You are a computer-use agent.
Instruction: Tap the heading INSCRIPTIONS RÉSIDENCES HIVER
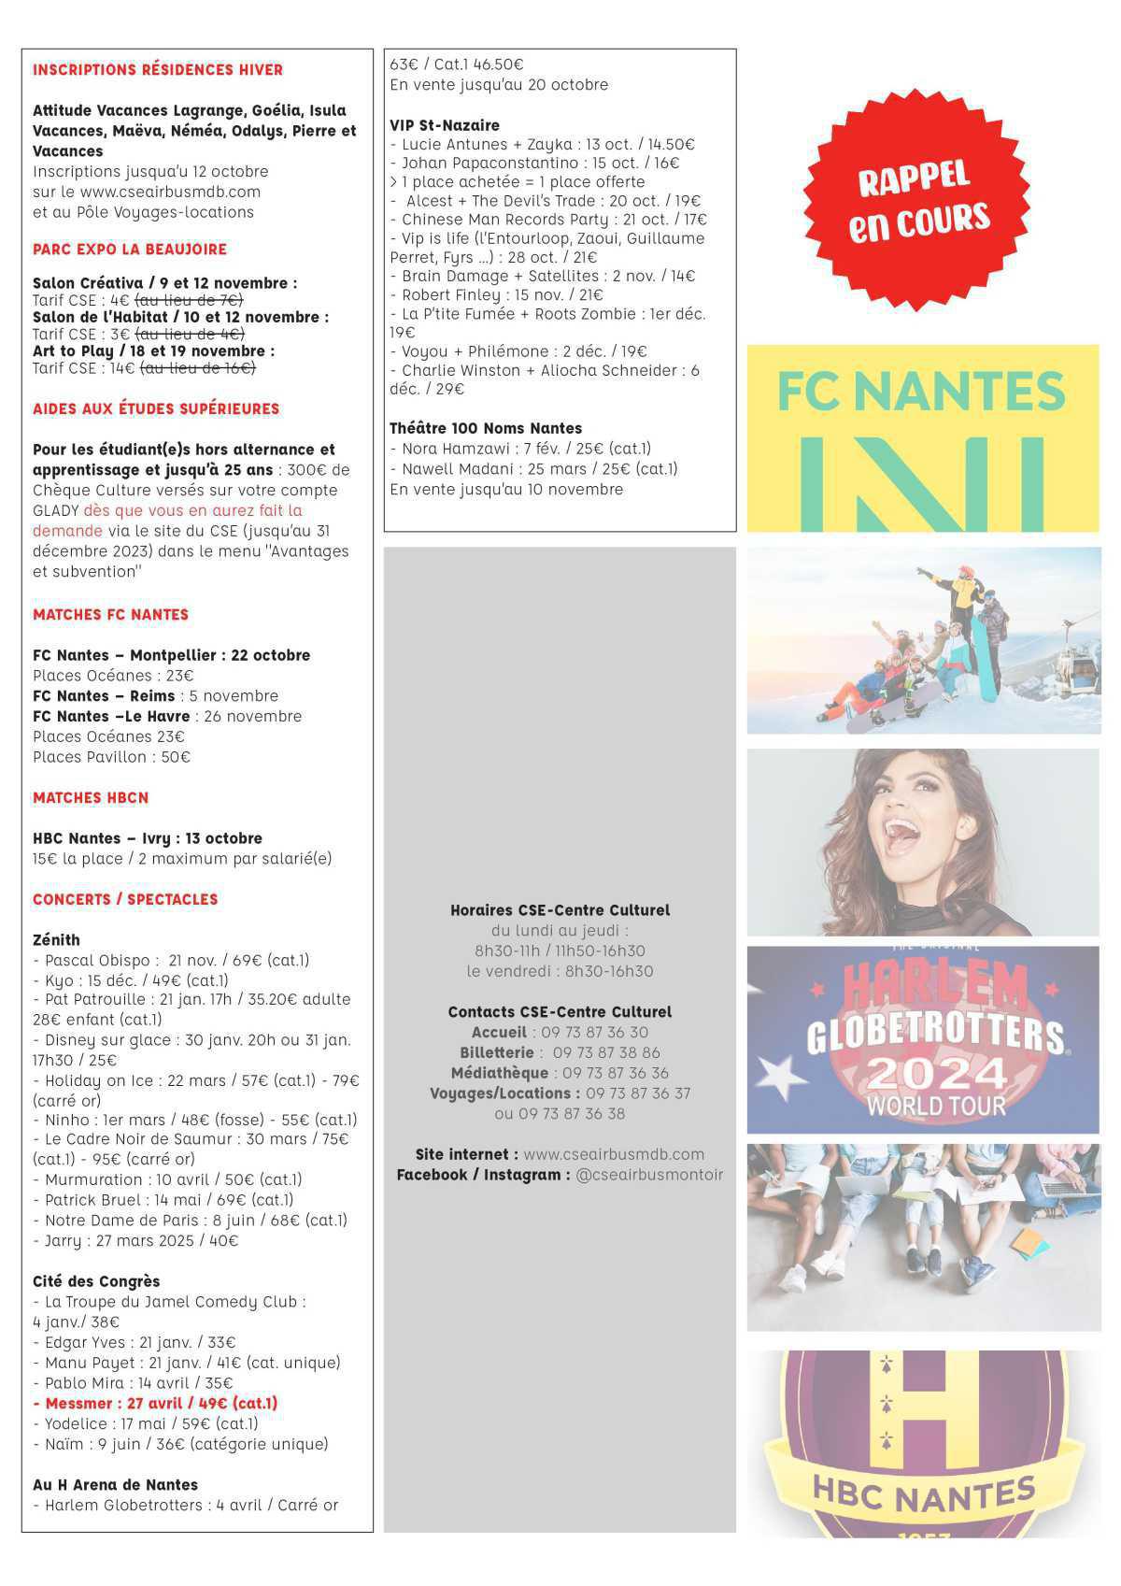158,70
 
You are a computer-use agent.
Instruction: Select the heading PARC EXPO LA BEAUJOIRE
130,250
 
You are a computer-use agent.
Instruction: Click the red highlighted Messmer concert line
155,1403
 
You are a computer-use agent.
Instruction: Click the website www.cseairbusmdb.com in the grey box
613,1154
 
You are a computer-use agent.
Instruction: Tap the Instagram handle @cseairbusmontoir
649,1175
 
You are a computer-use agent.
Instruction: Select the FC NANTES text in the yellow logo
921,392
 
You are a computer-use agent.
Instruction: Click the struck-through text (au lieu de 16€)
197,368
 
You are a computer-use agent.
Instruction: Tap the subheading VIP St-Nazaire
445,125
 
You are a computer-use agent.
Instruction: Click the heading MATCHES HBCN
91,798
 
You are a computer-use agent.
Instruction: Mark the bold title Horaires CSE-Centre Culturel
560,910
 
